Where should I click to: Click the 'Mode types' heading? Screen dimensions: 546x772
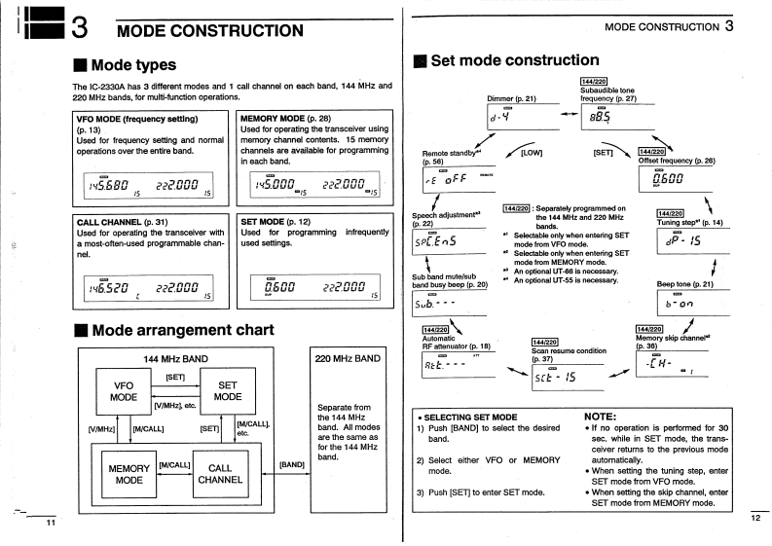click(x=132, y=65)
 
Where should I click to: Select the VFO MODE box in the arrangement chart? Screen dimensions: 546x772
click(x=124, y=390)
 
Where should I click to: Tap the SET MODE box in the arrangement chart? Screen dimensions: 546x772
click(x=227, y=390)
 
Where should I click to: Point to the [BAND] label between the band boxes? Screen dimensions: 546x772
click(x=292, y=463)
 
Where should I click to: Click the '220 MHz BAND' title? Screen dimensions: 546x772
click(x=348, y=358)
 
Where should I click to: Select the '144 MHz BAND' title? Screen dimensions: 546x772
click(x=178, y=358)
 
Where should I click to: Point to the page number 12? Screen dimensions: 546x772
click(x=756, y=518)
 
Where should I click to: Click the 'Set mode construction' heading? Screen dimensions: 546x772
click(x=515, y=60)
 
